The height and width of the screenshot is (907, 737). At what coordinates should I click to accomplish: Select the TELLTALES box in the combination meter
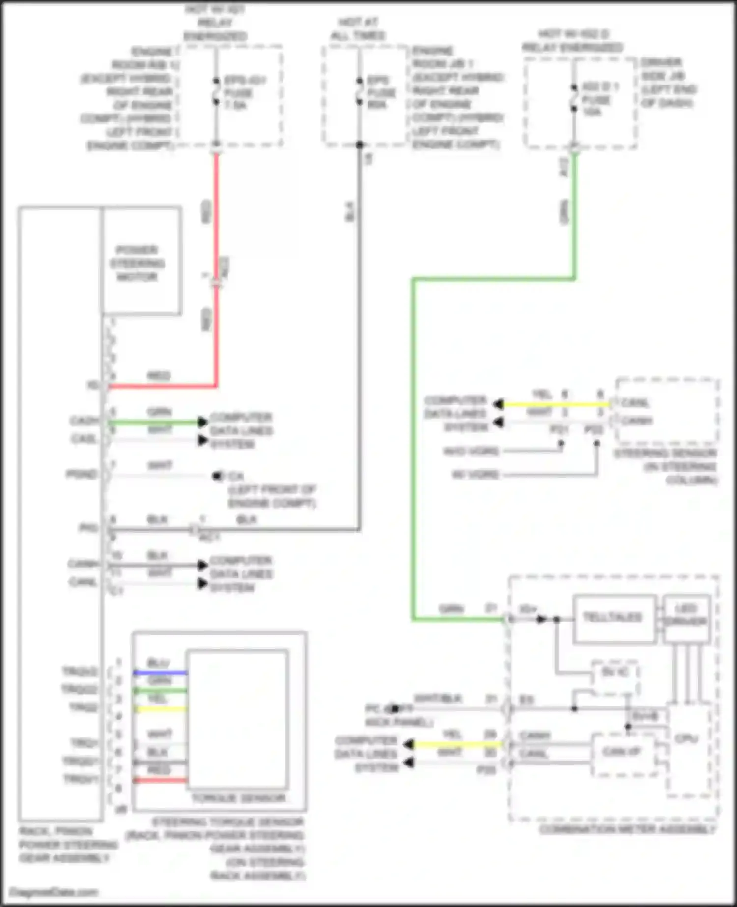[614, 617]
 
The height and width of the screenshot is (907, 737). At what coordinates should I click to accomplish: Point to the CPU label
[686, 738]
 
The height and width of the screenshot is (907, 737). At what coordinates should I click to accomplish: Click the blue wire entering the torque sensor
[160, 672]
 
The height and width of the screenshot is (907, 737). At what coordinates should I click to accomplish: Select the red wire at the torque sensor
[160, 780]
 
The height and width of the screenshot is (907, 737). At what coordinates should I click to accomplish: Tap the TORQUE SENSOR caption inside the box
[238, 798]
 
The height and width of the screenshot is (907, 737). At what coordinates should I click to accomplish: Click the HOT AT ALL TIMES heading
[358, 29]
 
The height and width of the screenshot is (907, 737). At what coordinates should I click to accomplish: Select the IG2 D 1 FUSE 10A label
[599, 100]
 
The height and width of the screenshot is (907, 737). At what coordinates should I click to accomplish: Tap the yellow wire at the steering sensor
[555, 405]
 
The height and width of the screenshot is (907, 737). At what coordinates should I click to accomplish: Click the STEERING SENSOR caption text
[666, 466]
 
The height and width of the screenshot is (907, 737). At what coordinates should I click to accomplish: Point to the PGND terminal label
[82, 474]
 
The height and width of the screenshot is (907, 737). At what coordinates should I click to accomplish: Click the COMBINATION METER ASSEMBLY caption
[627, 830]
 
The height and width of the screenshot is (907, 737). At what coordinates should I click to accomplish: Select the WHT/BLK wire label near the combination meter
[438, 699]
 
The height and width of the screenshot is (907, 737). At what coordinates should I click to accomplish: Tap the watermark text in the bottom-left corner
[54, 892]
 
